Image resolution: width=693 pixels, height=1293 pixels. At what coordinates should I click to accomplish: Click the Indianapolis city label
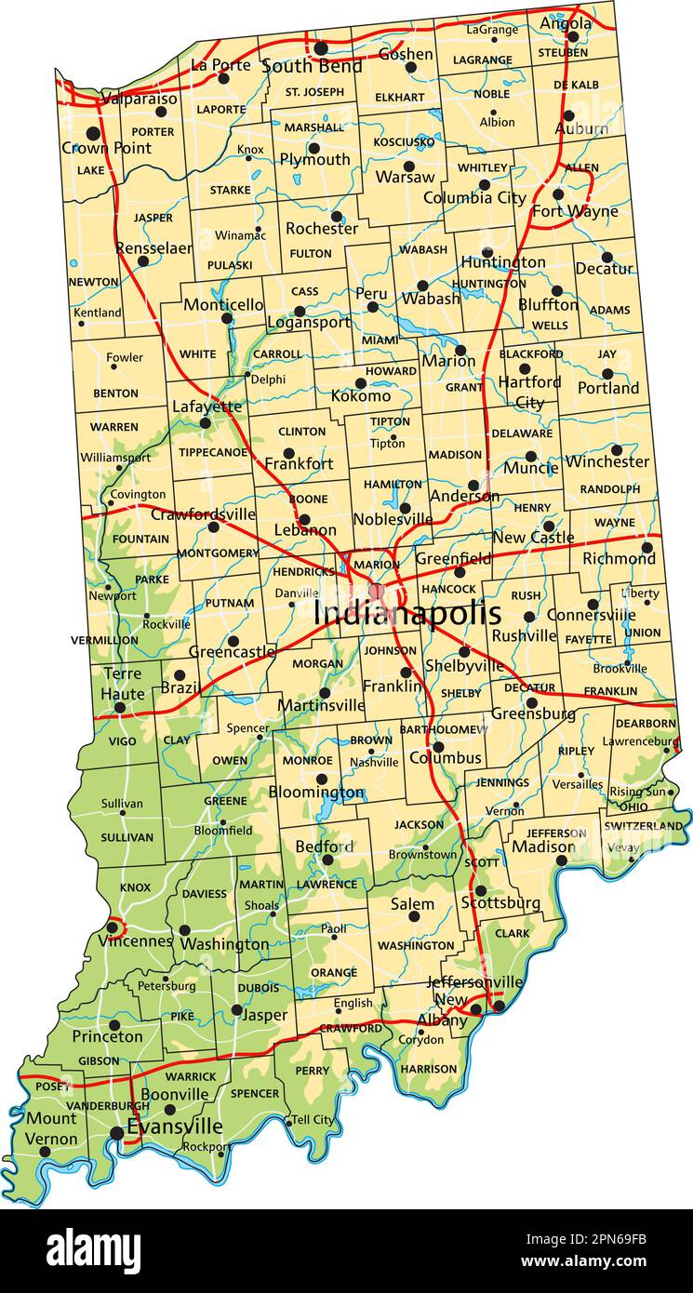[x=406, y=614]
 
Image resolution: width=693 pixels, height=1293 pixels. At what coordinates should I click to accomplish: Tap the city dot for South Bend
[x=321, y=47]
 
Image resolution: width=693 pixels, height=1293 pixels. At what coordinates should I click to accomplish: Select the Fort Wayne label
[x=575, y=211]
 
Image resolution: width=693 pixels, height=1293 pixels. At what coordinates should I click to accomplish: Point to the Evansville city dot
[x=116, y=1133]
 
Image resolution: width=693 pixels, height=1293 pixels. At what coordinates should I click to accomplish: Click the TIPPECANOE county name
[x=213, y=452]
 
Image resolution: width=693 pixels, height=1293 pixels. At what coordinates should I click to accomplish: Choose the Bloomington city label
[x=316, y=793]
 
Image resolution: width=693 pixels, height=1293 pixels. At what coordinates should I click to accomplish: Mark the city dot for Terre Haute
[x=120, y=708]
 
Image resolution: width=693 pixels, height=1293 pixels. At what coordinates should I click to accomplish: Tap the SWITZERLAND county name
[x=644, y=825]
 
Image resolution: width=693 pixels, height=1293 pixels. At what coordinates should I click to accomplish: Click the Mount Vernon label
[x=51, y=1128]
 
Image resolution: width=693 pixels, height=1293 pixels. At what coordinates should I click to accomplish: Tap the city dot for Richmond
[x=646, y=547]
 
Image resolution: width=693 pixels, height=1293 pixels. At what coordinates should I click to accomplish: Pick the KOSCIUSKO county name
[x=404, y=142]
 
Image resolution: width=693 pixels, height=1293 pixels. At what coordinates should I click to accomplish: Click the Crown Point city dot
[x=93, y=133]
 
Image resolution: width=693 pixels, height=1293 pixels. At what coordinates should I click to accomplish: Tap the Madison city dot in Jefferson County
[x=561, y=860]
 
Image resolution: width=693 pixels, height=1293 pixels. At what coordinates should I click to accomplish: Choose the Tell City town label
[x=313, y=1119]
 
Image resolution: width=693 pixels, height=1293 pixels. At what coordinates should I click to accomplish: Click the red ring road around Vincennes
[x=113, y=926]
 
